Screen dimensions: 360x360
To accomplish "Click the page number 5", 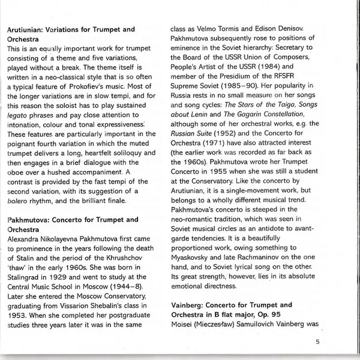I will (317, 342).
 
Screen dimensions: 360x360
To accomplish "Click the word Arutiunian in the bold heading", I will (28, 29).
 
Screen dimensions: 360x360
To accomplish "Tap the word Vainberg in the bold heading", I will (187, 305).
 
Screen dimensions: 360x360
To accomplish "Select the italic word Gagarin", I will (229, 114).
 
